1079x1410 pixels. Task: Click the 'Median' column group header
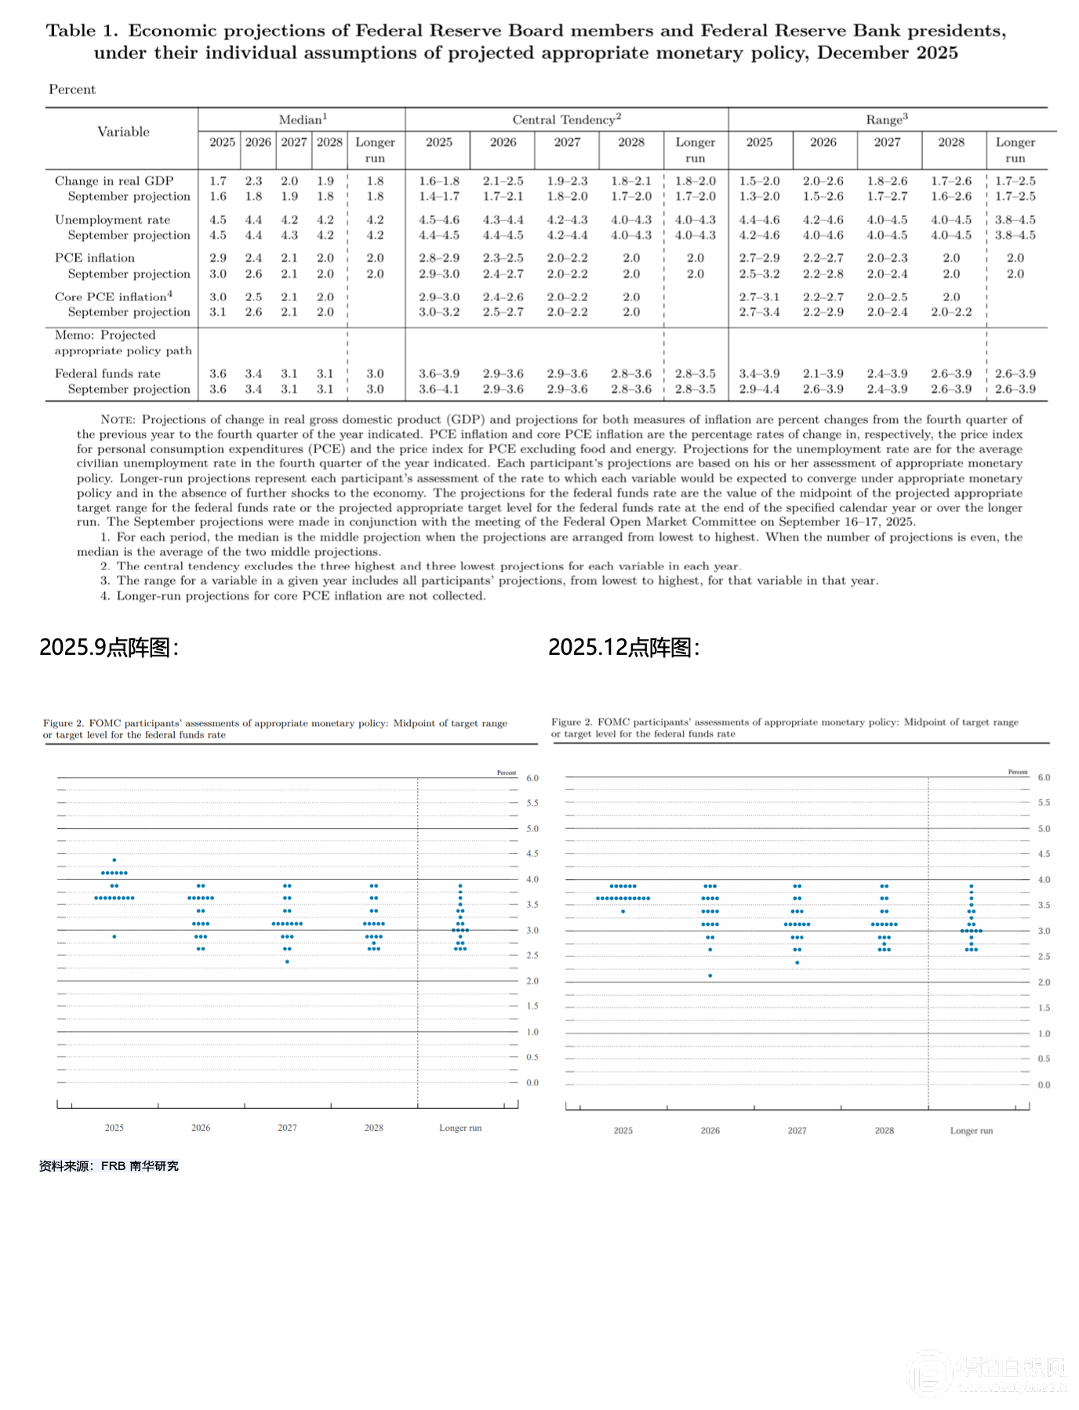point(302,119)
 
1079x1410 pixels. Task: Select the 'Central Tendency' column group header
point(566,119)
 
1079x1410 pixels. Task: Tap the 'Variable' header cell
point(123,132)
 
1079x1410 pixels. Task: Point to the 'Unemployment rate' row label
point(112,220)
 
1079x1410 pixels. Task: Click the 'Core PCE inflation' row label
point(113,296)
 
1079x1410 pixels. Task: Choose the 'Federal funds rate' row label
point(107,373)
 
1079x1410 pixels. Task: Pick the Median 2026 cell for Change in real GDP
point(253,181)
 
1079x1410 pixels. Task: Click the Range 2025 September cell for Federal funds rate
point(759,389)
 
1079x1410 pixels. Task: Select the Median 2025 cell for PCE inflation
point(218,258)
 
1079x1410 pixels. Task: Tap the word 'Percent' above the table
point(72,89)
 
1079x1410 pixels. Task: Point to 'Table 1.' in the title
point(82,31)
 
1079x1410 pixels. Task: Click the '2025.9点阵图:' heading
point(109,647)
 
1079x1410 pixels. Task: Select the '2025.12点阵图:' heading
point(623,647)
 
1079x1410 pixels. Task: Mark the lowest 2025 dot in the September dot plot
point(114,936)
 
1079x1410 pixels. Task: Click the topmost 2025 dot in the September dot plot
point(114,860)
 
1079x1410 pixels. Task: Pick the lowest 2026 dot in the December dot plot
point(710,976)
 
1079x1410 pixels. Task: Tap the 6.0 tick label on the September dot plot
point(532,778)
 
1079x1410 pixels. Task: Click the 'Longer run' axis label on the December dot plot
point(971,1131)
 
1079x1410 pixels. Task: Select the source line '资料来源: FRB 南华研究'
point(109,1166)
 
